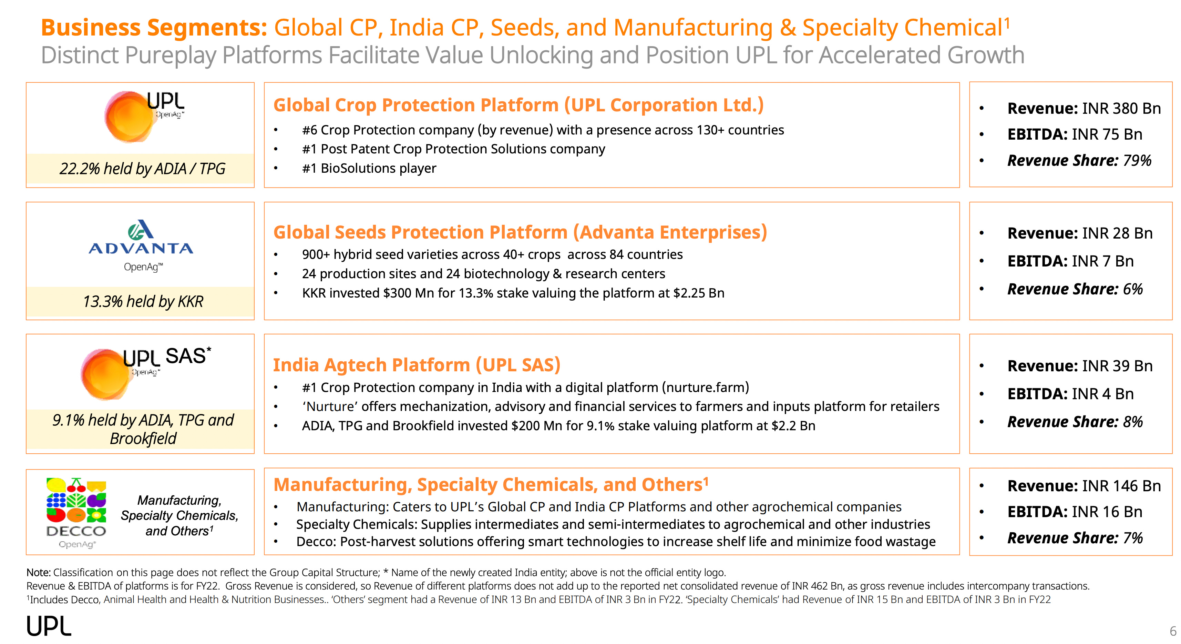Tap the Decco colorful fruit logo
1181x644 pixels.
[76, 501]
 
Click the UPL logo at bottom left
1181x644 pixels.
[49, 626]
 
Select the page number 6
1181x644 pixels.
[1173, 631]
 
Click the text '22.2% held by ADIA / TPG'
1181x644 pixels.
[142, 169]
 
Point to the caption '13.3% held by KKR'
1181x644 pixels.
[143, 302]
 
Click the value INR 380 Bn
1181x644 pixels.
[1121, 109]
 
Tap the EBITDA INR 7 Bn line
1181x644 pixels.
[1070, 261]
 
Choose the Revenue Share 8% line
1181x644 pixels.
[1075, 422]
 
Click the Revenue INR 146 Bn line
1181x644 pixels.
[1084, 486]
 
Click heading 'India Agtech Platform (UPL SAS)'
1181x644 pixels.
[417, 365]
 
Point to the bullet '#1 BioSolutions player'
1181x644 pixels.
[369, 168]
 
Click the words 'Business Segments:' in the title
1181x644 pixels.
[154, 28]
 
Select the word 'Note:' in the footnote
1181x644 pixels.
[39, 572]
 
